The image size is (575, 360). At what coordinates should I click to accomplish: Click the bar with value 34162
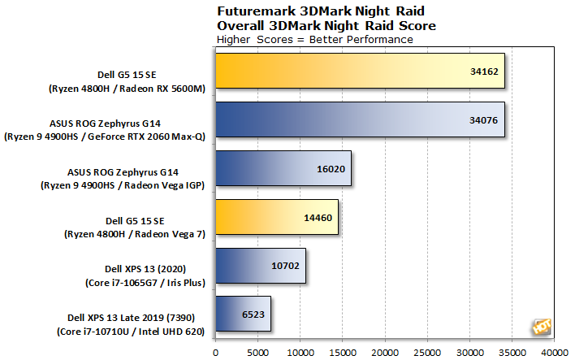[x=360, y=77]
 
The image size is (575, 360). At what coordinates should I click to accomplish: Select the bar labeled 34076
[x=360, y=126]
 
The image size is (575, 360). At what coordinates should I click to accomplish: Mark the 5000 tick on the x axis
[x=257, y=352]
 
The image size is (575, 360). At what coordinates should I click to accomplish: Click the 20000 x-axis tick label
[x=385, y=352]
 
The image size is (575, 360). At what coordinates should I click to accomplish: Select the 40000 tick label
[x=555, y=352]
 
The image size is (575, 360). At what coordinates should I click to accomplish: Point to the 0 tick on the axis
[x=215, y=352]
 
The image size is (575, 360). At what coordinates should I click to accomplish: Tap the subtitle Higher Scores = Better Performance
[x=314, y=39]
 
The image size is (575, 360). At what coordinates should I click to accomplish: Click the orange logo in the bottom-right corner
[x=540, y=326]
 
